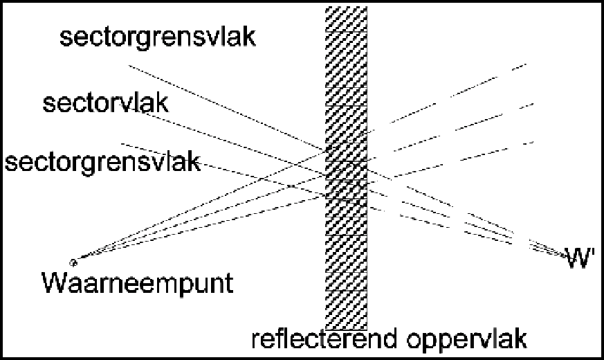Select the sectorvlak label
[106, 103]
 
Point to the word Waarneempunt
[137, 284]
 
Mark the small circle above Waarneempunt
[73, 262]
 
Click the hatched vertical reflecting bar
[347, 168]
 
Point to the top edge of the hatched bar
[347, 7]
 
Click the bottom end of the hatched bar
[347, 329]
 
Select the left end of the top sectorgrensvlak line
[129, 66]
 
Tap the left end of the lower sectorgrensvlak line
[122, 144]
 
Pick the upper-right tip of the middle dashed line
[533, 104]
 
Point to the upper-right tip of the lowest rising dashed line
[533, 142]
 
